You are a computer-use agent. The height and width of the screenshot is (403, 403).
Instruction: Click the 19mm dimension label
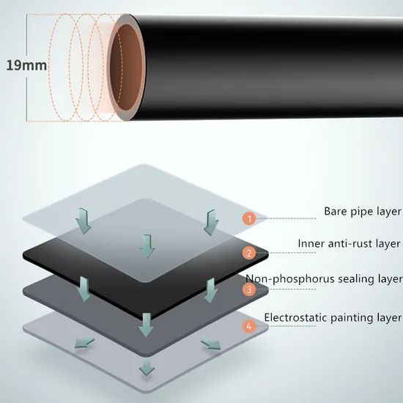tap(26, 65)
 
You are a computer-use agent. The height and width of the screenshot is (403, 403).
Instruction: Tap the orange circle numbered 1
tap(249, 219)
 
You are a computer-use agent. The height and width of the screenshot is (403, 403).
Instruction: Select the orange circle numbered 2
tap(249, 254)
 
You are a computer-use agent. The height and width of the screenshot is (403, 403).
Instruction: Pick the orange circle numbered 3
tap(249, 289)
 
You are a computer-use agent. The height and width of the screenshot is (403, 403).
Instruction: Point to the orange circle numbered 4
tap(249, 326)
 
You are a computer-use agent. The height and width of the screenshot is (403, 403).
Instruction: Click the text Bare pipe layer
tap(363, 212)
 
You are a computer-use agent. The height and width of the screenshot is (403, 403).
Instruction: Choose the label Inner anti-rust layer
tap(349, 243)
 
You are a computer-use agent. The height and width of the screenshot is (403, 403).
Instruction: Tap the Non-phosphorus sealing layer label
tap(325, 279)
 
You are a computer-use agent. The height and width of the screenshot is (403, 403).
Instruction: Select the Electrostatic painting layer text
tap(333, 318)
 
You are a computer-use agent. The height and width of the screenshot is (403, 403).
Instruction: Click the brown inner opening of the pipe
tap(127, 67)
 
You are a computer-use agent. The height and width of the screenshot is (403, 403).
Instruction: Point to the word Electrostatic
tap(296, 317)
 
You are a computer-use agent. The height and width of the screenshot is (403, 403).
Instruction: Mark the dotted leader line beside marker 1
tap(286, 218)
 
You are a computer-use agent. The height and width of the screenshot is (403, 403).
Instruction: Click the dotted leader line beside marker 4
tap(286, 326)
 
